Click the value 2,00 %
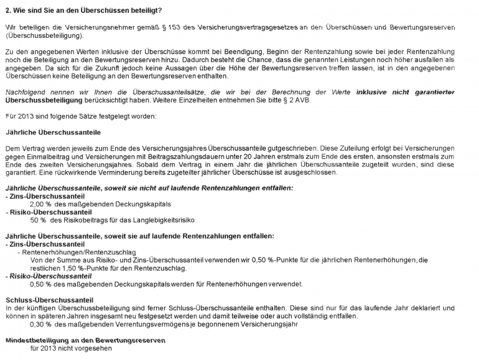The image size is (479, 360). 43,203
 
